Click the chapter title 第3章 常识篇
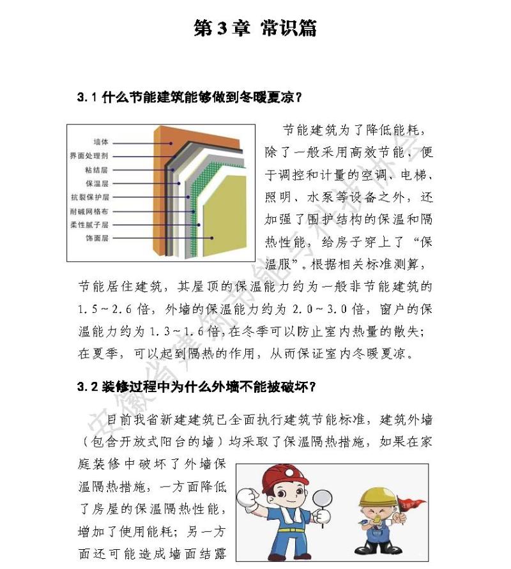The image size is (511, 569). pos(255,29)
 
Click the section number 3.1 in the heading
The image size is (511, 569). pos(86,98)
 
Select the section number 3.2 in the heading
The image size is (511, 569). pos(86,387)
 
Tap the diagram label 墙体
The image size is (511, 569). pos(100,142)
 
